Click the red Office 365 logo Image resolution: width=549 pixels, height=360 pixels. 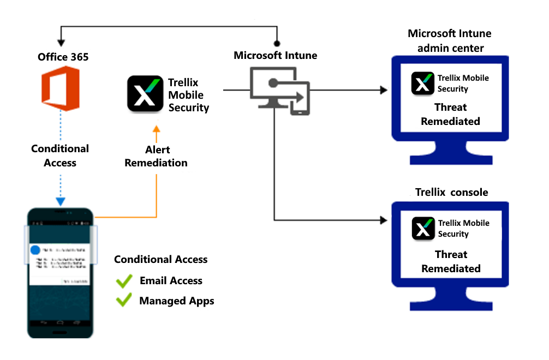click(61, 88)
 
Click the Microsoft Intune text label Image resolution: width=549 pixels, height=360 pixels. click(275, 55)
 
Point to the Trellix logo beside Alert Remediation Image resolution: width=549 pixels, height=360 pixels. click(145, 94)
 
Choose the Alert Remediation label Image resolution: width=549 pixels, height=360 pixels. click(156, 156)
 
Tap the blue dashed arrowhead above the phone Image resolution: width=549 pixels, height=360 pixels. click(61, 201)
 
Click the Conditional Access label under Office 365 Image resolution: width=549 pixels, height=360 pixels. click(60, 155)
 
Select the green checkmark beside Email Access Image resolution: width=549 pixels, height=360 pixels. click(124, 281)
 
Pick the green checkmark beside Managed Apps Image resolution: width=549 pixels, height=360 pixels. click(124, 300)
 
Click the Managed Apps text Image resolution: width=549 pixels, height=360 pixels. click(176, 301)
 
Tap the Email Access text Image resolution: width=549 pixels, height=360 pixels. click(171, 281)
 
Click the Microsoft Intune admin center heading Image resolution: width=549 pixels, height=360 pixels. click(450, 41)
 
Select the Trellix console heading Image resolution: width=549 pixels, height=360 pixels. click(451, 192)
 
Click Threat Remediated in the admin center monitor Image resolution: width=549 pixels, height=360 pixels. click(450, 114)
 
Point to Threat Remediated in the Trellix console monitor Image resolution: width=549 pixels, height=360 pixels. click(451, 261)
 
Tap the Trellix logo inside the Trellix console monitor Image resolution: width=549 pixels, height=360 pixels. click(423, 229)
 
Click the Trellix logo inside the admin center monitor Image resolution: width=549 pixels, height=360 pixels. click(423, 83)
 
